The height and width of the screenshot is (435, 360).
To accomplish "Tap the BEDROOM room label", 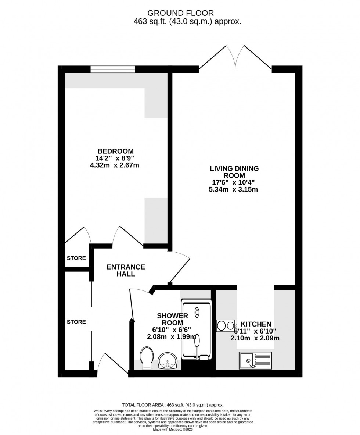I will tap(115, 151).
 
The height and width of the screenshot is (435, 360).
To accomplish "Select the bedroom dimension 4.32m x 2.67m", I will tap(115, 165).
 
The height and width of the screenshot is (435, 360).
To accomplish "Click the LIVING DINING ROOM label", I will tap(234, 172).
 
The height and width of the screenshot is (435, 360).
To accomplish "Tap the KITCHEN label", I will tap(256, 324).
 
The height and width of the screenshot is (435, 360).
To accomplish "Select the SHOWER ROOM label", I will tap(172, 319).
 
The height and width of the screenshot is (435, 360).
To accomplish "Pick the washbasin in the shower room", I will tap(168, 360).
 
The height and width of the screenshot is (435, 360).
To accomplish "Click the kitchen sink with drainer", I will tap(255, 360).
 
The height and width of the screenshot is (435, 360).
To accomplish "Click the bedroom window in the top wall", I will tap(112, 69).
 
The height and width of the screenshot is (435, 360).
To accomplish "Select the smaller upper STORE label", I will tap(76, 258).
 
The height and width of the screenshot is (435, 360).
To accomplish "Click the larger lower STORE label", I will tap(76, 322).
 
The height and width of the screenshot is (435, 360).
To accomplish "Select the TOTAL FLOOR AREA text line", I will tap(172, 404).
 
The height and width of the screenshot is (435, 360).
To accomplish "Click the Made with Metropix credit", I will tap(172, 429).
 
